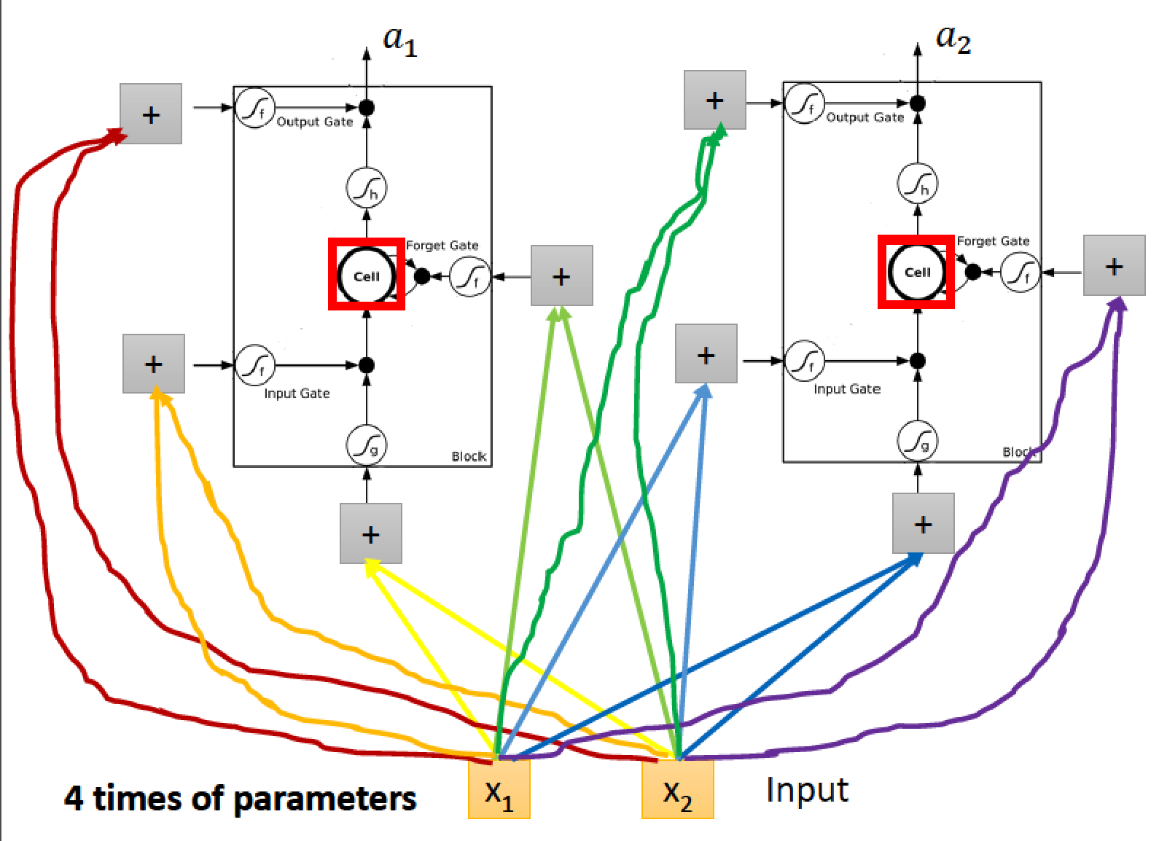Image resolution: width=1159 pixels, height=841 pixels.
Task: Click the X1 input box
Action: [499, 789]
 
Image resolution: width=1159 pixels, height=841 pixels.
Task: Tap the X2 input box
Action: [678, 789]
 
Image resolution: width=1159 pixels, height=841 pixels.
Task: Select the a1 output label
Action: [400, 42]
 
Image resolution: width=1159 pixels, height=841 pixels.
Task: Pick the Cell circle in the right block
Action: [916, 272]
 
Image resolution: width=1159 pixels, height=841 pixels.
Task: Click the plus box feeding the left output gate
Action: [151, 114]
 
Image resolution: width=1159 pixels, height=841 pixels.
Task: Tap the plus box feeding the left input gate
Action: [154, 364]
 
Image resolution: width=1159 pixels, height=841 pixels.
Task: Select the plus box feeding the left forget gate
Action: [562, 275]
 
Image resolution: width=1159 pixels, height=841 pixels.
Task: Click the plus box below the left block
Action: [371, 533]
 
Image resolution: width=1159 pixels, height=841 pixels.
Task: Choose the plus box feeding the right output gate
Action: [715, 100]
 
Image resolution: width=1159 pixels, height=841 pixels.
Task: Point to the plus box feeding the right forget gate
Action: [1115, 265]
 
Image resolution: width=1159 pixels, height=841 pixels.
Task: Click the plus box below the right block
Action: [924, 523]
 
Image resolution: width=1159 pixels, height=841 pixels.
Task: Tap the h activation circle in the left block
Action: [367, 187]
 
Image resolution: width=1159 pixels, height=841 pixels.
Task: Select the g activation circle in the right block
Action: [917, 441]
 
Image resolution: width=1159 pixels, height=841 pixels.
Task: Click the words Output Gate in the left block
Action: [315, 122]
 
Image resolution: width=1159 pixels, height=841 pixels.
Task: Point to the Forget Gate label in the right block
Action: [993, 241]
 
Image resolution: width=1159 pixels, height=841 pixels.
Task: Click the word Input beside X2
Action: [807, 790]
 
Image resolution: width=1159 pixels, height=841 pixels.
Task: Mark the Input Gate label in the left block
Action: [297, 394]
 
